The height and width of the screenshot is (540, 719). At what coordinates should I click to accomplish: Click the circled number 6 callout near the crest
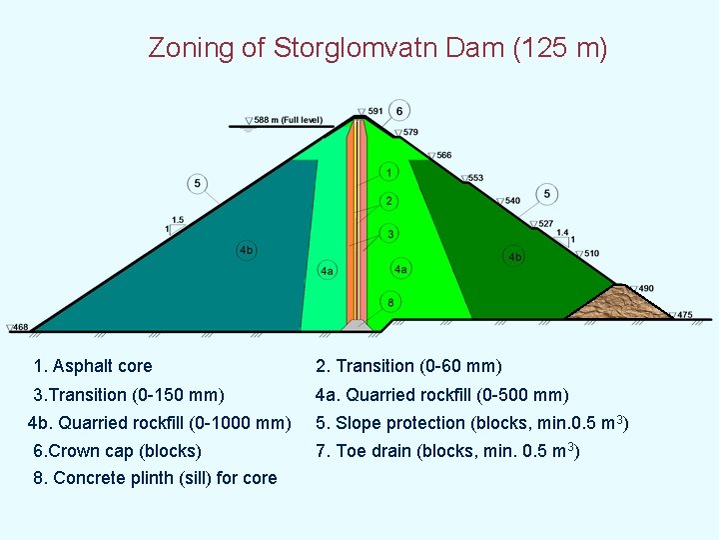pyautogui.click(x=398, y=110)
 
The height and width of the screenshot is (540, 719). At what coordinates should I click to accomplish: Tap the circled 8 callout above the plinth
pyautogui.click(x=390, y=302)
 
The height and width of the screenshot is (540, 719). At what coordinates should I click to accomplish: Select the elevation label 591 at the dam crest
pyautogui.click(x=374, y=111)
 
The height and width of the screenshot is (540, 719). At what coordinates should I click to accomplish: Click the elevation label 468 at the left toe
pyautogui.click(x=20, y=327)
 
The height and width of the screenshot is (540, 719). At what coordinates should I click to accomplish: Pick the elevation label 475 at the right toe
pyautogui.click(x=684, y=315)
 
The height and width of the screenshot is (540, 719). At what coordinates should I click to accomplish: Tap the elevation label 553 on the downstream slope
pyautogui.click(x=474, y=178)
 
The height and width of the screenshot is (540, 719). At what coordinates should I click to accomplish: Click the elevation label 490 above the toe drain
pyautogui.click(x=645, y=289)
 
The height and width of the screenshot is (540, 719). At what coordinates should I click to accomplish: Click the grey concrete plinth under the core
pyautogui.click(x=358, y=324)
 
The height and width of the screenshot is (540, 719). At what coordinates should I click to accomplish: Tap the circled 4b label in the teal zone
pyautogui.click(x=246, y=250)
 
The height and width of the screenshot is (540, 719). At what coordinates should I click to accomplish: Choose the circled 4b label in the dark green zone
pyautogui.click(x=514, y=257)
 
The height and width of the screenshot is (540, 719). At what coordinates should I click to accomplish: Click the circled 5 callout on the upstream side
pyautogui.click(x=198, y=183)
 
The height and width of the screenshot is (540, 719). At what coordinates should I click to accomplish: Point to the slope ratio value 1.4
pyautogui.click(x=562, y=233)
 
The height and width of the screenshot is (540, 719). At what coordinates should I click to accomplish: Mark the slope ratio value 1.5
pyautogui.click(x=177, y=220)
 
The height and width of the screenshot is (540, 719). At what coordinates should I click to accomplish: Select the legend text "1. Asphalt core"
pyautogui.click(x=92, y=366)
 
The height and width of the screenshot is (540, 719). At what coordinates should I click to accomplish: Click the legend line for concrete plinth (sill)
pyautogui.click(x=155, y=478)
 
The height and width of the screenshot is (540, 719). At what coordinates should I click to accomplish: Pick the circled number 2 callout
pyautogui.click(x=389, y=202)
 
